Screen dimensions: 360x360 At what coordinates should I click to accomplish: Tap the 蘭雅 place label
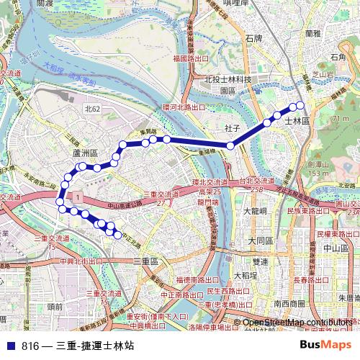coord(312,33)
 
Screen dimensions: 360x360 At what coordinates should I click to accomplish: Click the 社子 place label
coord(231,127)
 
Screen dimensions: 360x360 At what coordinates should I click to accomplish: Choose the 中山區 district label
coord(336,248)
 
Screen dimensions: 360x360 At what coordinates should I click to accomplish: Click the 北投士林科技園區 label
coord(227,85)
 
